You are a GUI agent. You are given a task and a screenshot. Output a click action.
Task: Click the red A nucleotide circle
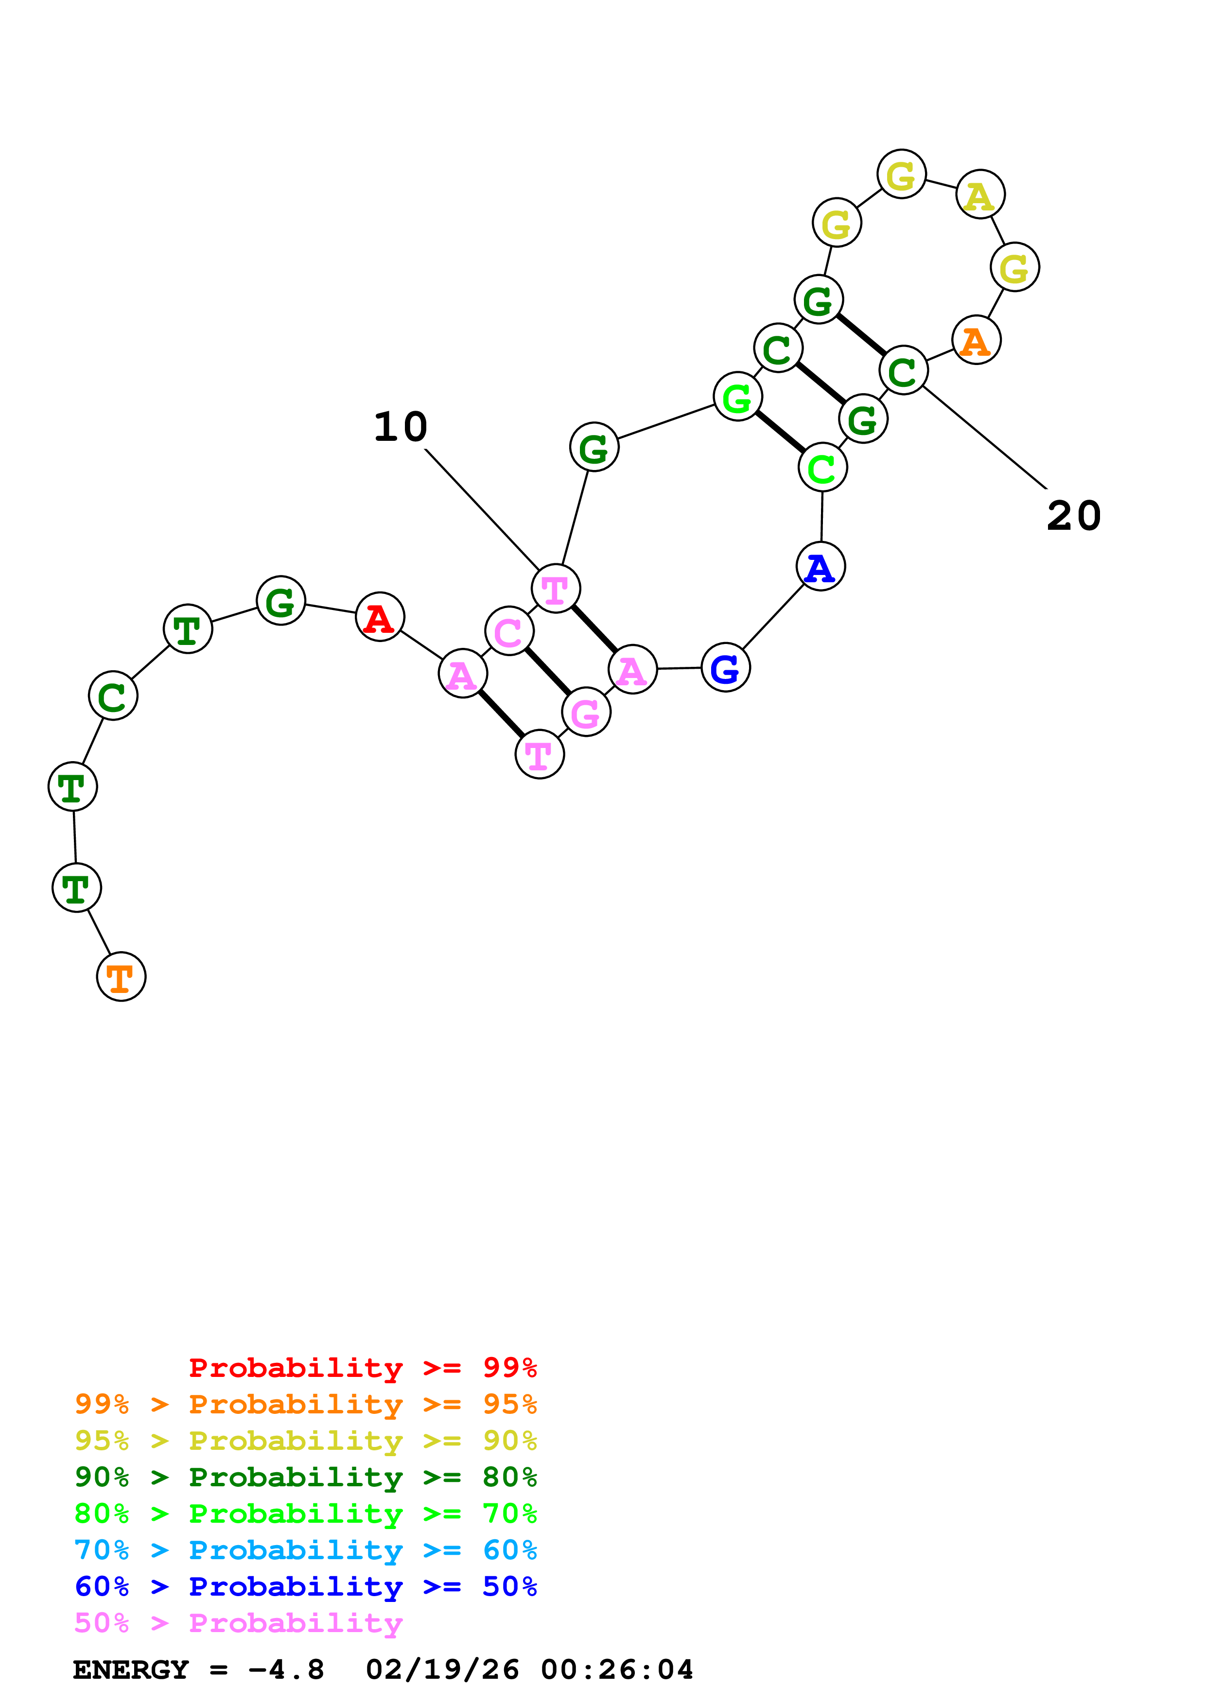pyautogui.click(x=380, y=617)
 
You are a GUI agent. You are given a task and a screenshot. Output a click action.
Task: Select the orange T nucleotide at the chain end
pyautogui.click(x=121, y=976)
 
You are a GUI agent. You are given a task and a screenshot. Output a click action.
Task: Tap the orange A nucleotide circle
pyautogui.click(x=977, y=340)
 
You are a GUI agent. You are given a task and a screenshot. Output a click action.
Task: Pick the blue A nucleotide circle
pyautogui.click(x=821, y=567)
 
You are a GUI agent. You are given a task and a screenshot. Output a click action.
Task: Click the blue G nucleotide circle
pyautogui.click(x=725, y=668)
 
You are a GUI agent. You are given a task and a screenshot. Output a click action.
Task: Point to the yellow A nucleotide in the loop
pyautogui.click(x=980, y=194)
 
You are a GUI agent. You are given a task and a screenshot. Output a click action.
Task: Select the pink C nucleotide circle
pyautogui.click(x=509, y=631)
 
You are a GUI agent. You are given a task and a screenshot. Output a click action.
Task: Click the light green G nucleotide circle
pyautogui.click(x=737, y=397)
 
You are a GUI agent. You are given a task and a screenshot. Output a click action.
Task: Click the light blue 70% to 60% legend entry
pyautogui.click(x=305, y=1550)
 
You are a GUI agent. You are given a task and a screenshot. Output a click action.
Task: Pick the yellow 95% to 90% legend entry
pyautogui.click(x=305, y=1440)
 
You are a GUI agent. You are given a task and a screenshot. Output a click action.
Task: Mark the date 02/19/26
pyautogui.click(x=442, y=1670)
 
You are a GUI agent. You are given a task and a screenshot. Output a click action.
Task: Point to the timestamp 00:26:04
pyautogui.click(x=617, y=1670)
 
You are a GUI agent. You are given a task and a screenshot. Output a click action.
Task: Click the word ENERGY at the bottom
pyautogui.click(x=131, y=1670)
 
